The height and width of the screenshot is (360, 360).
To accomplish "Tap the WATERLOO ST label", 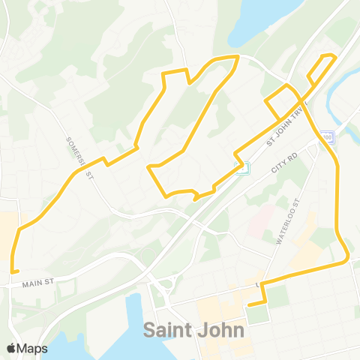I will click(x=286, y=222).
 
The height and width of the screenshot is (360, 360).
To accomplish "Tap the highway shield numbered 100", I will click(x=325, y=136).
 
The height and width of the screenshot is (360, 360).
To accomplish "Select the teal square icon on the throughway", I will click(x=241, y=167).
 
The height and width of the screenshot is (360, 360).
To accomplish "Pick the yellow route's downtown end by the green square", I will click(x=249, y=304).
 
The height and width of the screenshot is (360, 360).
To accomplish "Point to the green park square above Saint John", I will click(x=257, y=314).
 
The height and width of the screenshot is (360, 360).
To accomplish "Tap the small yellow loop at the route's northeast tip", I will click(x=322, y=67).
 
